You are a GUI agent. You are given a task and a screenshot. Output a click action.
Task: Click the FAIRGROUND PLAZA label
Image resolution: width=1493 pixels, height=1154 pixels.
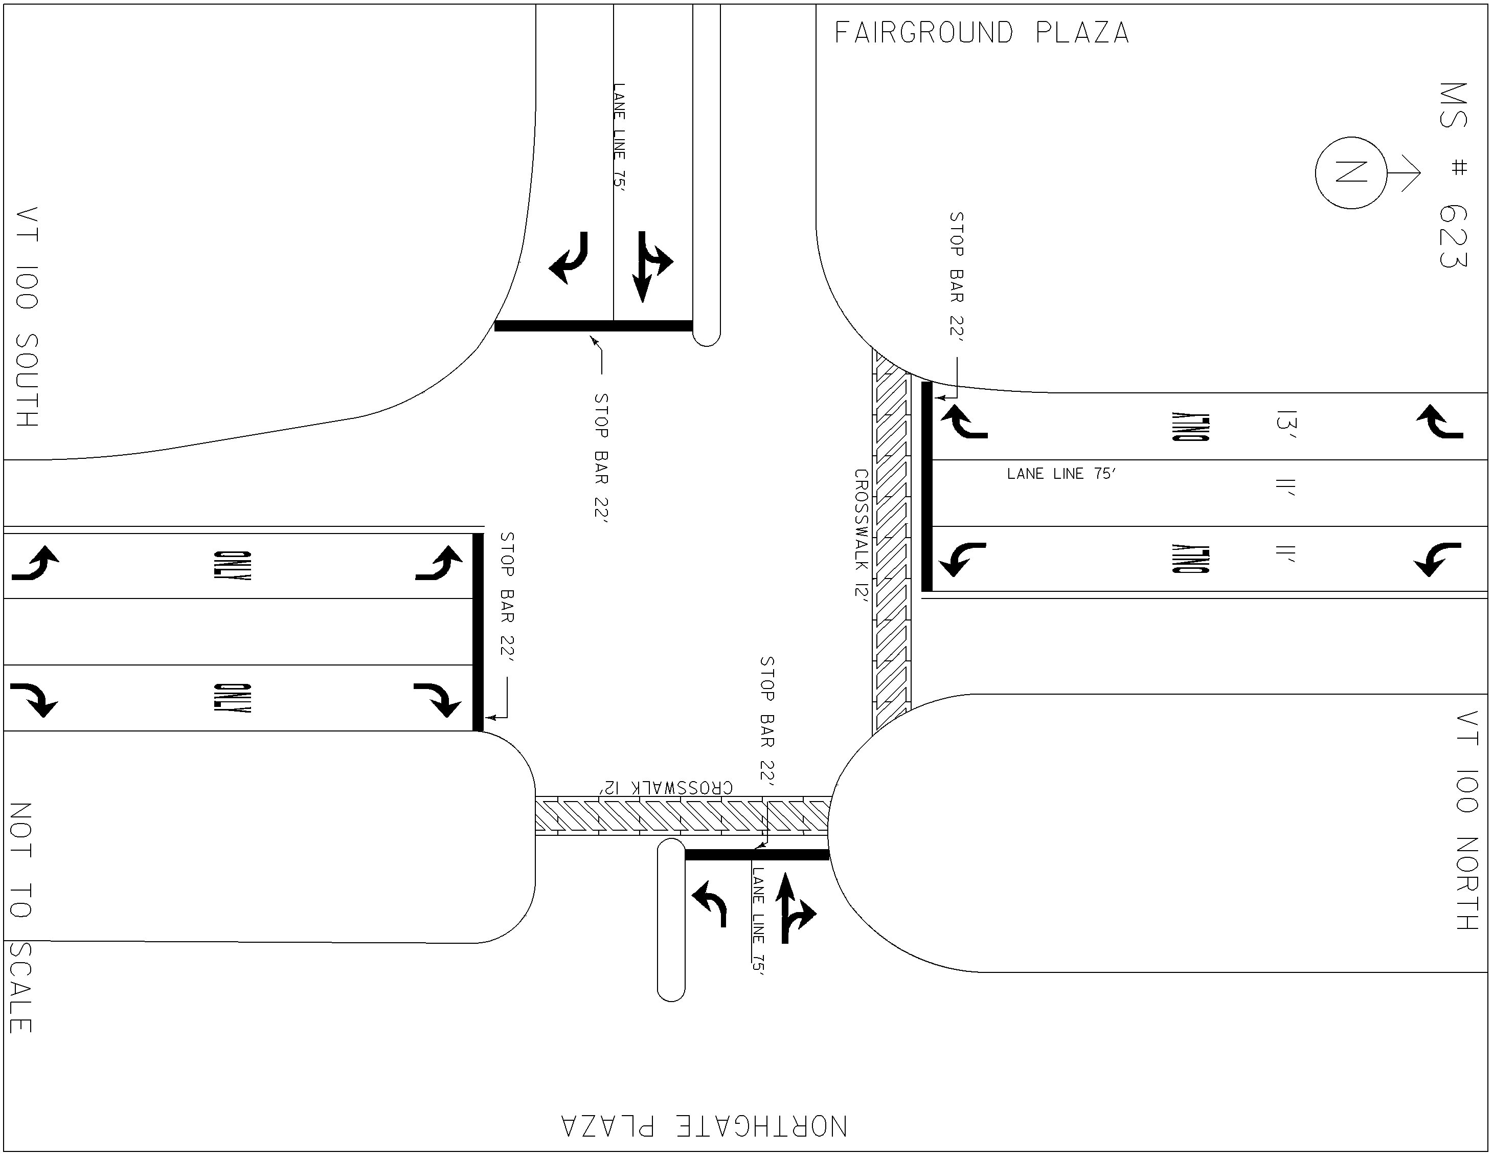pyautogui.click(x=982, y=33)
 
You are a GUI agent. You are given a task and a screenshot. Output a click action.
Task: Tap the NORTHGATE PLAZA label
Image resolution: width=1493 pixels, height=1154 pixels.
pyautogui.click(x=704, y=1126)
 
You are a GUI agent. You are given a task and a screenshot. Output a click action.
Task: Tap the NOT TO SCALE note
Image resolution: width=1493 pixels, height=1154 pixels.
pyautogui.click(x=20, y=918)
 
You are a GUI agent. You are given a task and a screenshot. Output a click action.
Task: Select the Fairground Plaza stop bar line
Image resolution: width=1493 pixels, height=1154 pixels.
pyautogui.click(x=594, y=326)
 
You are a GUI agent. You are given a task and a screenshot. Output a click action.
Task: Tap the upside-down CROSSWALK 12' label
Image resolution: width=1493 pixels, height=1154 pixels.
pyautogui.click(x=667, y=787)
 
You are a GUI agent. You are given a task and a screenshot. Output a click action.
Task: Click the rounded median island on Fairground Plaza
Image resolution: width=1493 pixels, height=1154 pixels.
pyautogui.click(x=707, y=174)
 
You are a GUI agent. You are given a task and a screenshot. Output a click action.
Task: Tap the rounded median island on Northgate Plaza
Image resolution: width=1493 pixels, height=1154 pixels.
pyautogui.click(x=671, y=920)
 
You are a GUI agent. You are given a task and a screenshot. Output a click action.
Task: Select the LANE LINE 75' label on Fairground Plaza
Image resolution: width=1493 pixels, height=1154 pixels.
pyautogui.click(x=619, y=136)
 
